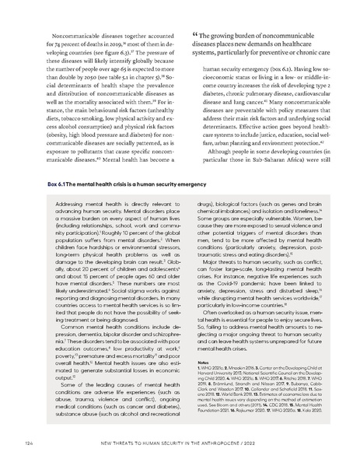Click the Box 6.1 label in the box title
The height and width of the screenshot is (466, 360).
click(x=48, y=184)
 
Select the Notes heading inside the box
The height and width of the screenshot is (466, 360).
click(x=194, y=361)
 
